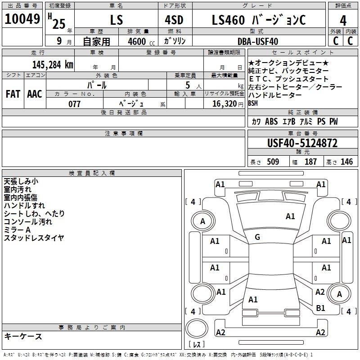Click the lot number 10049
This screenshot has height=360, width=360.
click(x=22, y=19)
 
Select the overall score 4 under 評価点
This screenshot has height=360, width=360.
click(x=343, y=21)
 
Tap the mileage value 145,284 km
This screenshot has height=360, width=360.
click(x=53, y=65)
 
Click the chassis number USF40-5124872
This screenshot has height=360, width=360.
click(x=302, y=143)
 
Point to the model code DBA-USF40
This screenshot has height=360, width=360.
click(x=258, y=41)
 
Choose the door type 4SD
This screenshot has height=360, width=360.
click(x=174, y=20)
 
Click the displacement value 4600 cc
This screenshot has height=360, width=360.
click(x=141, y=41)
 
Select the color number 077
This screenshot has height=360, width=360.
click(x=74, y=104)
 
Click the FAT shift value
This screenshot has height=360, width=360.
click(x=13, y=94)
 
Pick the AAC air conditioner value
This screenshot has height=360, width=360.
click(x=35, y=94)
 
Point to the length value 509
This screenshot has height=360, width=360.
click(x=273, y=162)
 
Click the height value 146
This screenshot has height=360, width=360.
click(x=346, y=162)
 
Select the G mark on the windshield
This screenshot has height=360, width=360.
click(x=257, y=237)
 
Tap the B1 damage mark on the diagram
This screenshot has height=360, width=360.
click(x=320, y=308)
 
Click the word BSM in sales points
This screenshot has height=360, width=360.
click(x=253, y=103)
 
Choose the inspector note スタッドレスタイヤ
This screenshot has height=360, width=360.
click(x=34, y=238)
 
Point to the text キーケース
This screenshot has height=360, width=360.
click(x=23, y=336)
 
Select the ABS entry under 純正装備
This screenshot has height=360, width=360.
click(x=271, y=121)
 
